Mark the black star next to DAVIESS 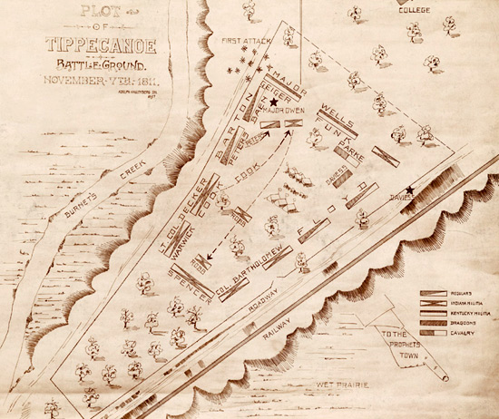pyautogui.click(x=411, y=190)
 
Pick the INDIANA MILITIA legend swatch pyautogui.click(x=431, y=304)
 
